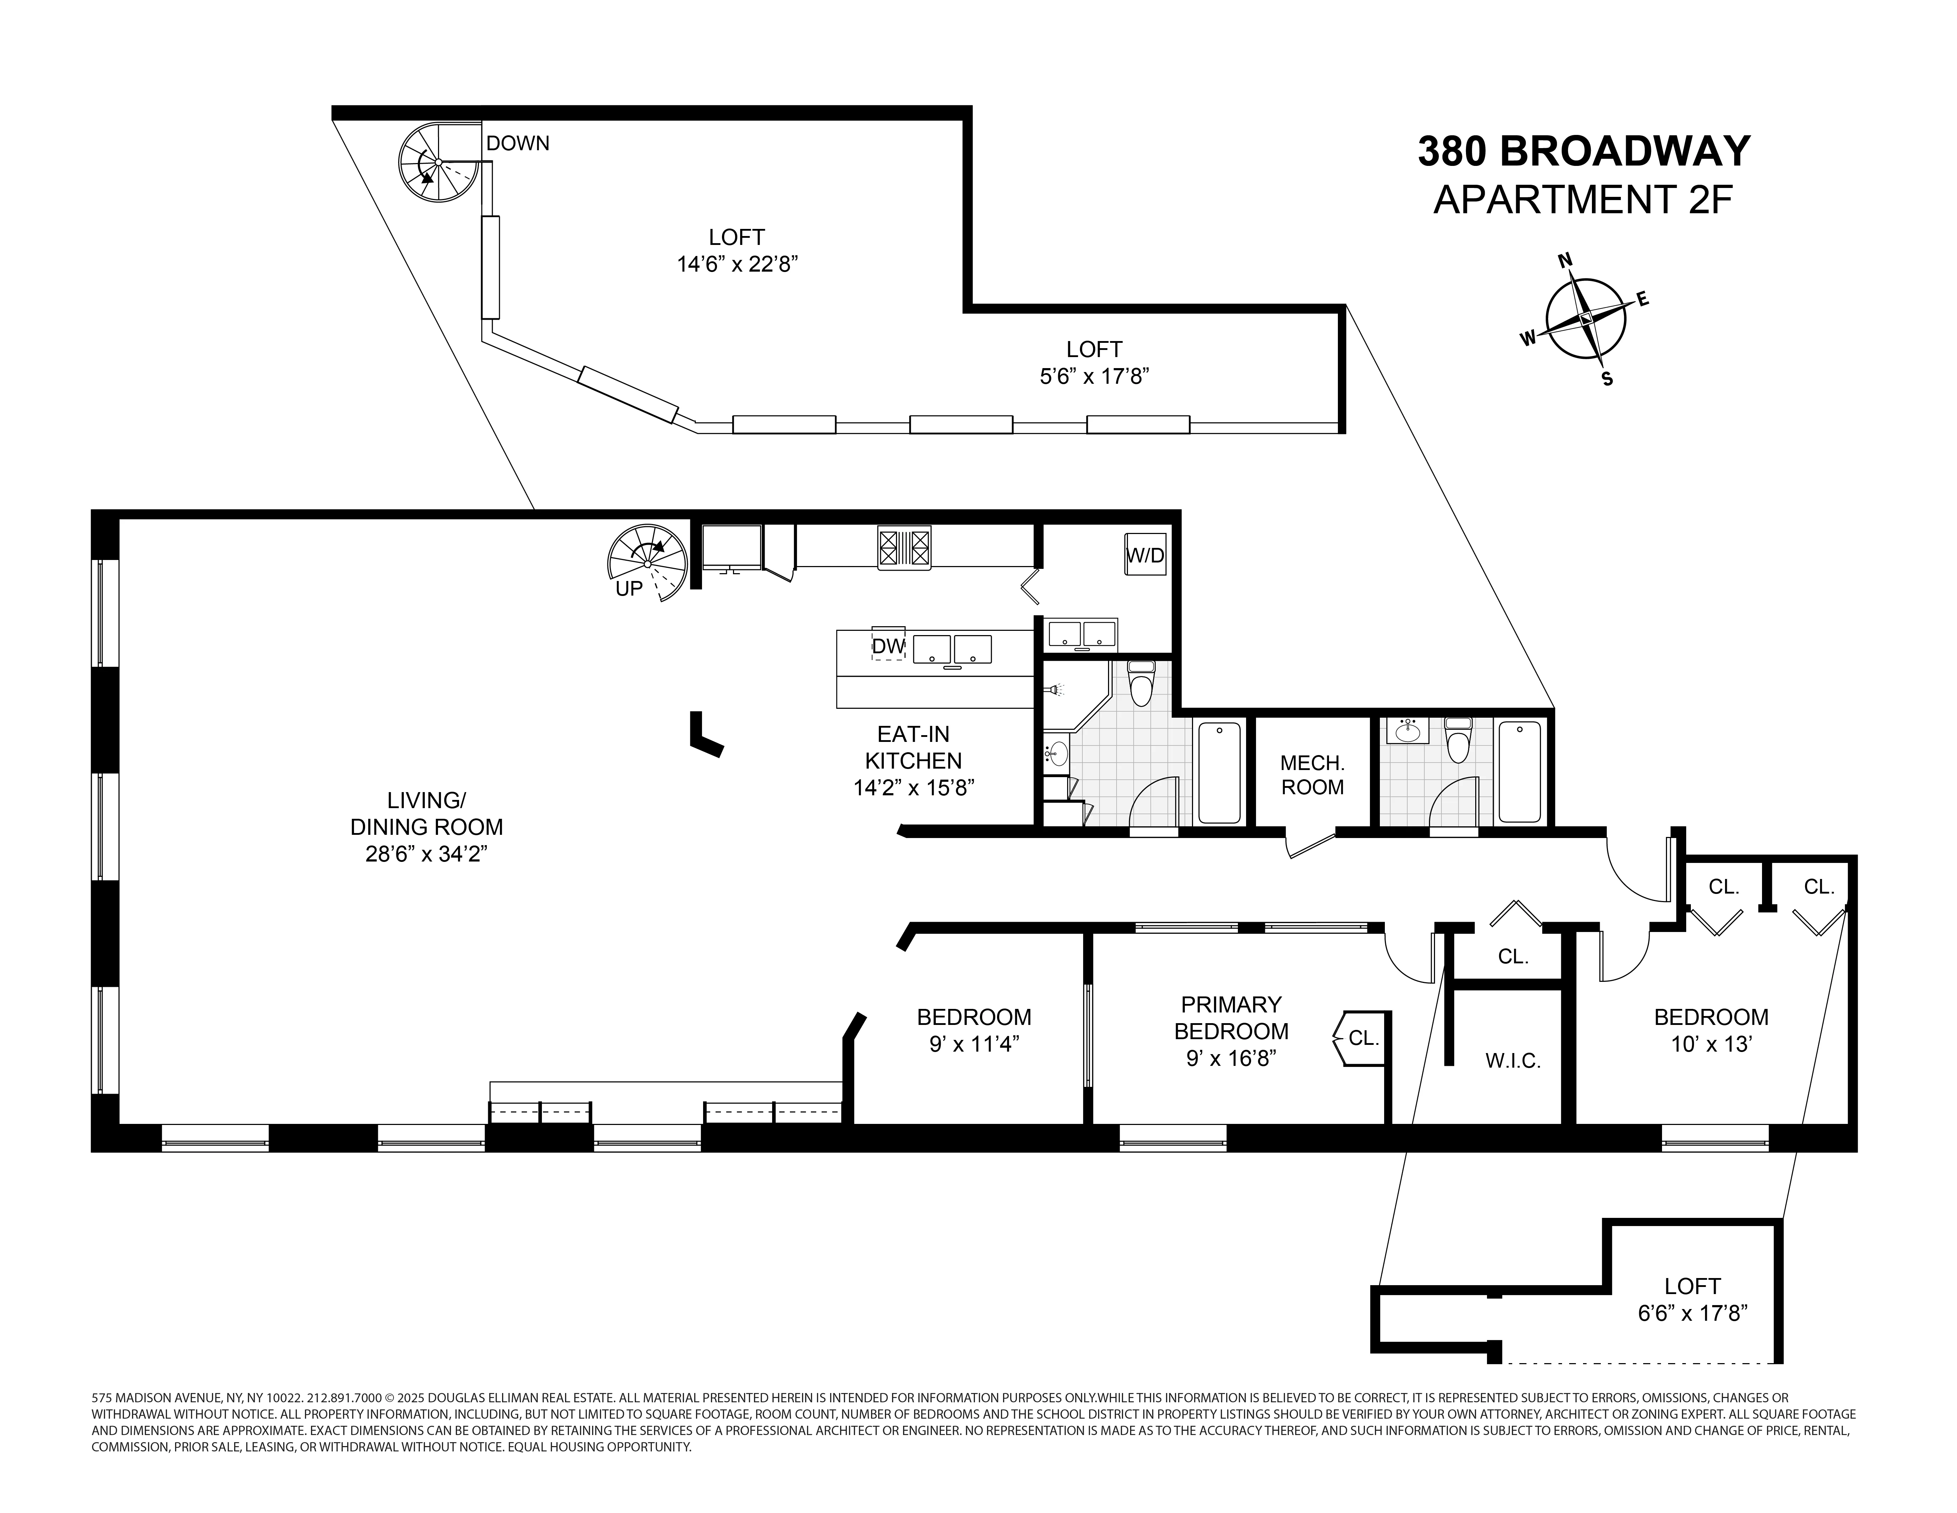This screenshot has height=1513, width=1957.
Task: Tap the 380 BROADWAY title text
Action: coord(1582,152)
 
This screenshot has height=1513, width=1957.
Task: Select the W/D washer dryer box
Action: coord(1144,555)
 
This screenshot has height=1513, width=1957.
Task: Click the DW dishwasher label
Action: coord(888,645)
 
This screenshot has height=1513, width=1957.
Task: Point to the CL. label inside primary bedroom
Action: coord(1363,1038)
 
